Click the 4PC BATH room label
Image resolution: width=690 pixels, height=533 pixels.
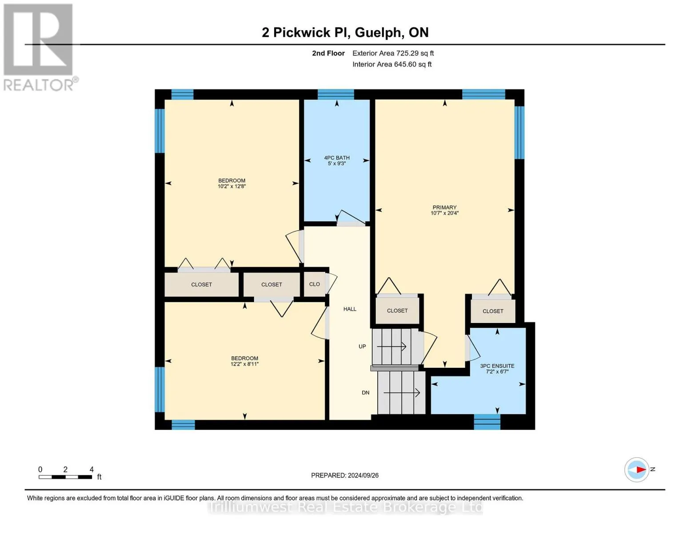click(x=337, y=158)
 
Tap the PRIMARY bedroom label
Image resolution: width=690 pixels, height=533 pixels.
click(x=444, y=207)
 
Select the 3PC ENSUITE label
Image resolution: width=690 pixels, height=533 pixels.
click(x=497, y=366)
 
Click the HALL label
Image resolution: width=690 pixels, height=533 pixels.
click(x=350, y=309)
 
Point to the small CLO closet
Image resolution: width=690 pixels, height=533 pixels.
click(x=315, y=284)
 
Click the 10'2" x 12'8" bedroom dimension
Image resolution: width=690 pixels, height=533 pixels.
click(x=231, y=187)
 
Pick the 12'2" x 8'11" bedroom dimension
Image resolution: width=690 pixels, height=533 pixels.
click(x=244, y=364)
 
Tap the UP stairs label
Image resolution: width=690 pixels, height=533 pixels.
click(x=362, y=346)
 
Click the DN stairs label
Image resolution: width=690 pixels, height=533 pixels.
click(x=365, y=393)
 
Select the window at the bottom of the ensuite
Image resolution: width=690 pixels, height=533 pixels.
click(x=487, y=422)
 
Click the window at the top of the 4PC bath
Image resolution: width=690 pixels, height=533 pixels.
click(x=336, y=94)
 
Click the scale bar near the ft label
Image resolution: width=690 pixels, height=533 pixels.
click(x=66, y=477)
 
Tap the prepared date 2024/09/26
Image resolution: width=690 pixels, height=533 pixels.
click(x=363, y=475)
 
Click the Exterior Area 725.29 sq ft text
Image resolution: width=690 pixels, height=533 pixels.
click(x=393, y=53)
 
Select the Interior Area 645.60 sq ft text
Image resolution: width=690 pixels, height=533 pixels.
click(x=392, y=64)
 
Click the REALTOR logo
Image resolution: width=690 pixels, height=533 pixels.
click(x=39, y=47)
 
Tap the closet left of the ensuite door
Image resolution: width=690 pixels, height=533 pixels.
click(x=397, y=310)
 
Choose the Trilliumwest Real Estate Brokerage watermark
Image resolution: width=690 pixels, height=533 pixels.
click(x=345, y=507)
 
